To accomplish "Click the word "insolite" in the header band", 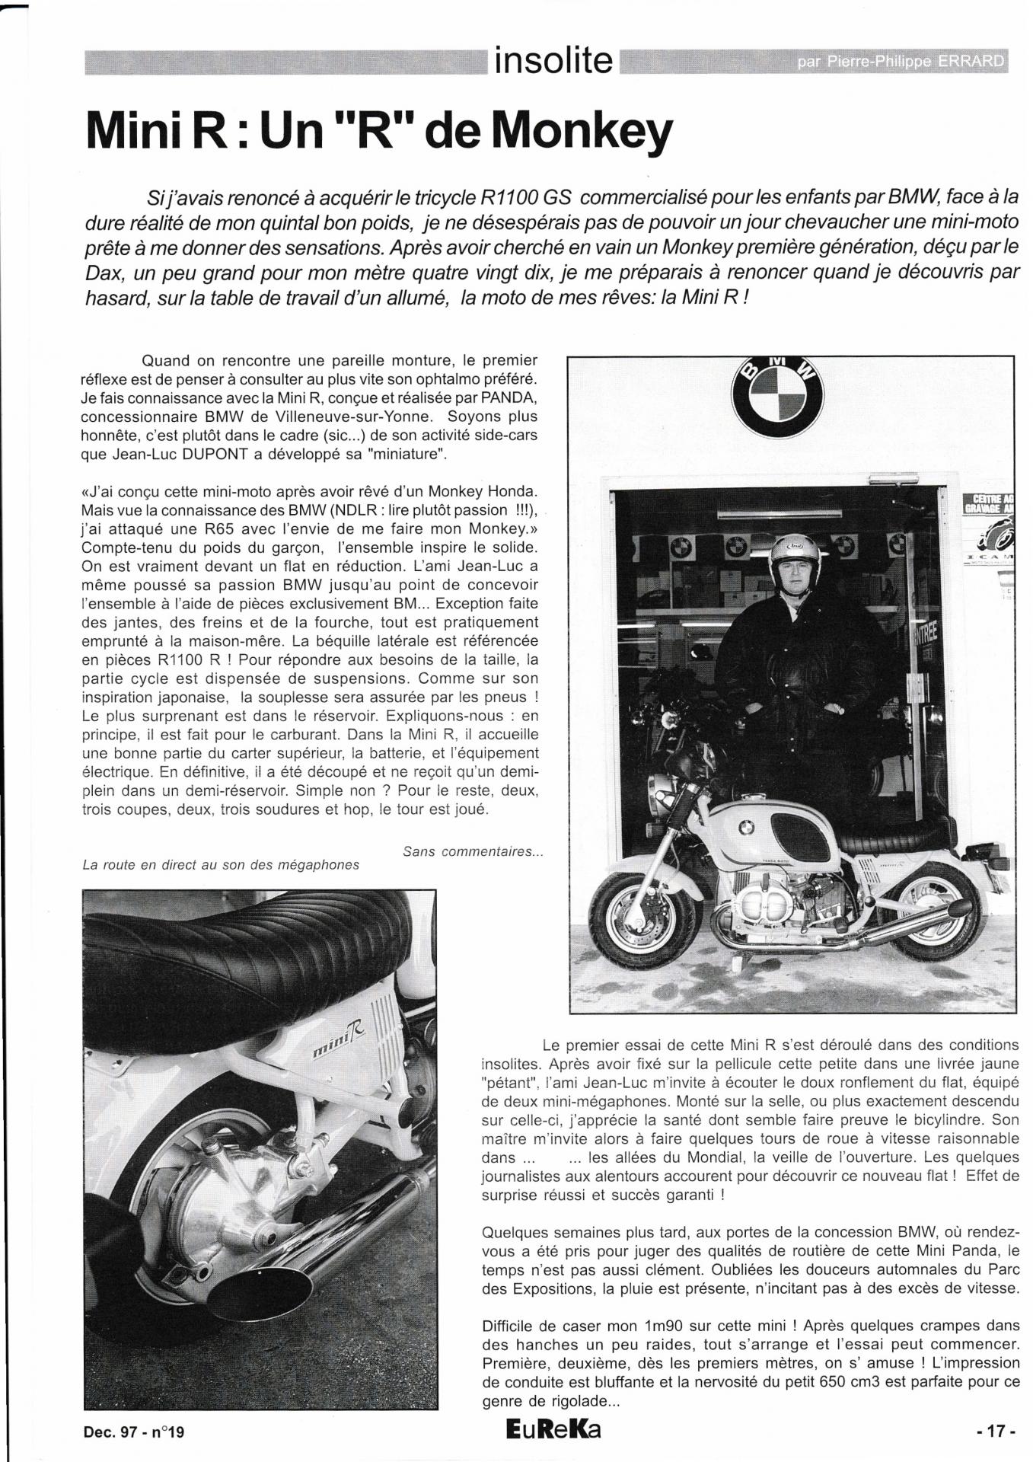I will [x=553, y=60].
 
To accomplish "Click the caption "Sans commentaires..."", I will [x=472, y=851].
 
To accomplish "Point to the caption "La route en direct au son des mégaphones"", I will [x=221, y=865].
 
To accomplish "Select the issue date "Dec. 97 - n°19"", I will [x=134, y=1432].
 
